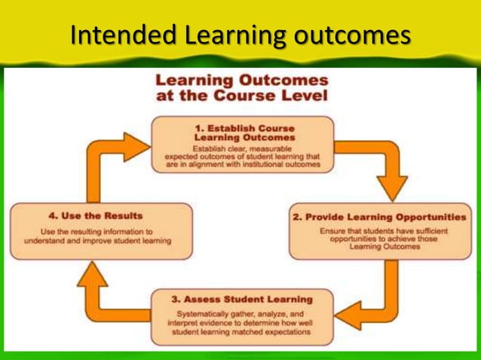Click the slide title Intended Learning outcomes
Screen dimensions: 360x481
(240, 35)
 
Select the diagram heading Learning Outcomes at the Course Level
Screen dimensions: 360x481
(241, 88)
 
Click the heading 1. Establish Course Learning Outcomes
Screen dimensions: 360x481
(242, 133)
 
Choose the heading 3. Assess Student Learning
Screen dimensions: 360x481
(241, 297)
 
